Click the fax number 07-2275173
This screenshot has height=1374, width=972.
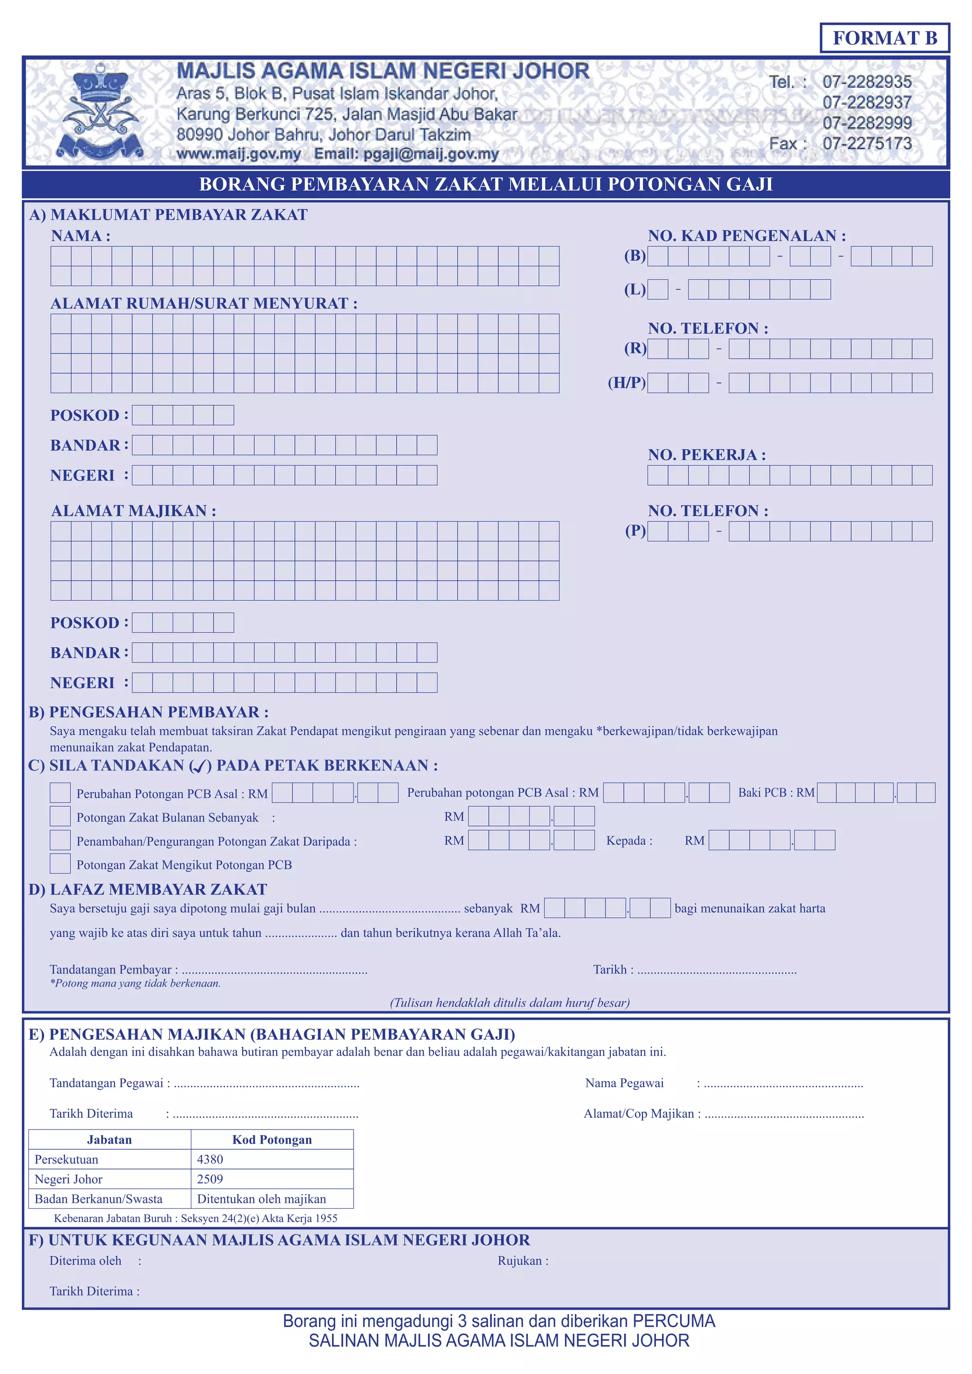867,144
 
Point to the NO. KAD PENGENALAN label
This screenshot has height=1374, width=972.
747,236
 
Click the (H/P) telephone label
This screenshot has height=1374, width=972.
626,383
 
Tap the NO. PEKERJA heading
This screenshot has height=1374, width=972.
706,455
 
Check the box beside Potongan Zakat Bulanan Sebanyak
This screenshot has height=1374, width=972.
60,816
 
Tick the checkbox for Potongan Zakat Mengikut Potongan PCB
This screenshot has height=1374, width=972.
60,863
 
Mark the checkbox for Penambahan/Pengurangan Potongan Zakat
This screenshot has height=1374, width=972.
60,840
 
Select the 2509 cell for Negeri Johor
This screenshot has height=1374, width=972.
210,1179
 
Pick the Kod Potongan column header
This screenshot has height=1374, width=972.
272,1140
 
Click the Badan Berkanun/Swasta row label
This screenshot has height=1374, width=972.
99,1199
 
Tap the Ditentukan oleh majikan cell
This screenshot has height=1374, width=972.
262,1199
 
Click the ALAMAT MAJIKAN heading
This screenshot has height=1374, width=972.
133,511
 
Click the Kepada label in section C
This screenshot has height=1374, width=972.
626,841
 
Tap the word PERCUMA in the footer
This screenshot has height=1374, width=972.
674,1321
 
